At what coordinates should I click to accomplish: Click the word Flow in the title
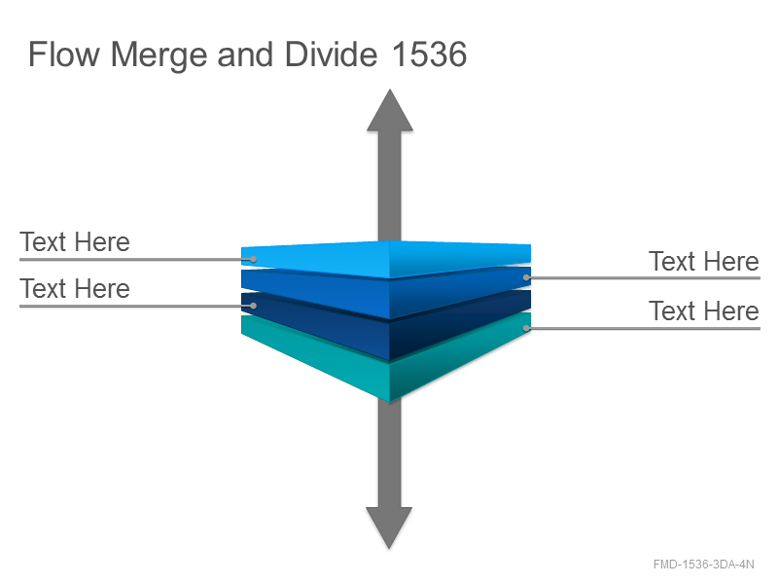tap(64, 54)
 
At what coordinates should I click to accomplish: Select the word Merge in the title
tap(159, 55)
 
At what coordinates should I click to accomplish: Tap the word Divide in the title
tap(331, 54)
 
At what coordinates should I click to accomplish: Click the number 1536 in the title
tap(429, 54)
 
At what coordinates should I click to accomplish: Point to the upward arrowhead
tap(390, 111)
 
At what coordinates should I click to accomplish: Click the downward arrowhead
tap(389, 528)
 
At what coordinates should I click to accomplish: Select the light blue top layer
tap(386, 259)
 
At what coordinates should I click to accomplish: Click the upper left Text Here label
tap(75, 241)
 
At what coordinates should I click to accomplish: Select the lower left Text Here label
tap(75, 288)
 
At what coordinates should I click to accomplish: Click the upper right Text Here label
tap(703, 261)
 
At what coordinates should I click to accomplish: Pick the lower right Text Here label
tap(703, 310)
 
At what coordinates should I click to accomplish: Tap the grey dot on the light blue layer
tap(253, 259)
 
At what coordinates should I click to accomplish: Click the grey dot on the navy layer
tap(253, 306)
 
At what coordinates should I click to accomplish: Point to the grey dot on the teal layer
tap(526, 328)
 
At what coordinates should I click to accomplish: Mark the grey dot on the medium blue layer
tap(526, 277)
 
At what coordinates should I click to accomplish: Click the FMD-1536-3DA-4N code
tap(703, 565)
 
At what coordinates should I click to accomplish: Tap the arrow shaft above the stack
tap(390, 186)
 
